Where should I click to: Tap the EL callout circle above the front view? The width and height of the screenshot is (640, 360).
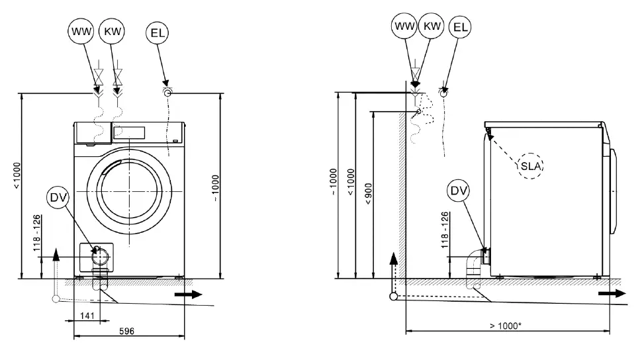[x=158, y=32]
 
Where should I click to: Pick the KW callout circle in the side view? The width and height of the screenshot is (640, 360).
[x=432, y=26]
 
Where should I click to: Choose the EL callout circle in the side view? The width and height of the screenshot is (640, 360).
[x=461, y=27]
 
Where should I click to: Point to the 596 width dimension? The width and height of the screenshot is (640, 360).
[x=126, y=330]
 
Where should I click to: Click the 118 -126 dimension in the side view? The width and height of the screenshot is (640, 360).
[x=445, y=228]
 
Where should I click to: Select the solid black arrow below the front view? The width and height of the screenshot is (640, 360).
[x=187, y=295]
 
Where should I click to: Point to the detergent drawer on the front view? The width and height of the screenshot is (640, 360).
[x=92, y=132]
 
